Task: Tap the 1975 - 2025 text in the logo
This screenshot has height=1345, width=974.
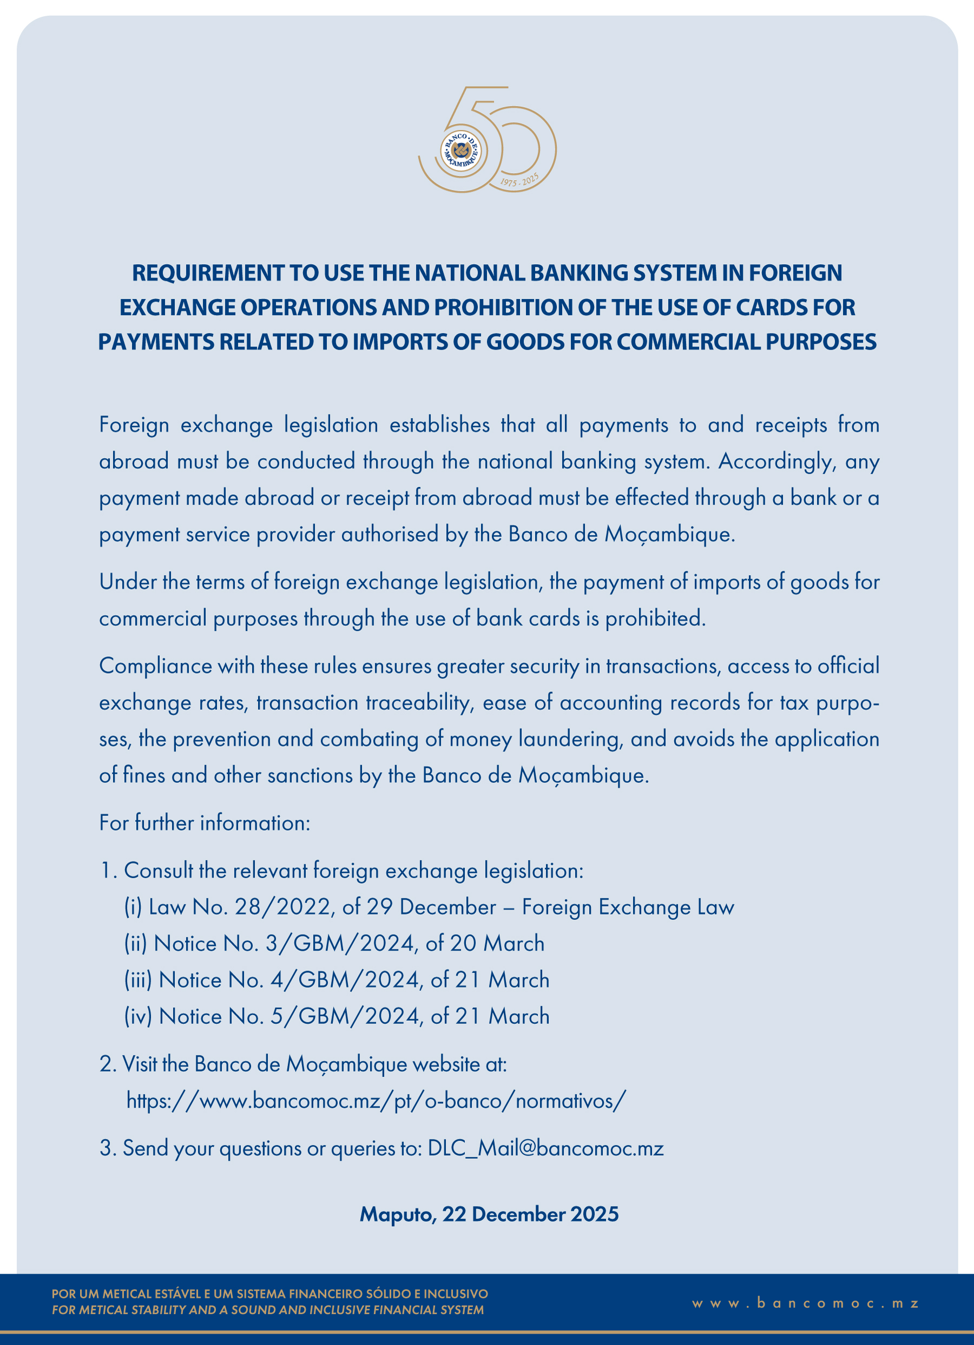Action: tap(519, 180)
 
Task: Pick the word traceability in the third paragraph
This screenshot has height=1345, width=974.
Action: tap(419, 703)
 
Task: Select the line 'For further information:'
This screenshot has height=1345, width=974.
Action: tap(205, 822)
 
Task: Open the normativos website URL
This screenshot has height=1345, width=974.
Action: tap(377, 1101)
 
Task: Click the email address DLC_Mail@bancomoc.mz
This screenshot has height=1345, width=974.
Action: tap(545, 1148)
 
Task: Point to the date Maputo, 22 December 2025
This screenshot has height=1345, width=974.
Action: tap(489, 1214)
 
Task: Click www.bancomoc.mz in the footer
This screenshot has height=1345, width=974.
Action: tap(805, 1303)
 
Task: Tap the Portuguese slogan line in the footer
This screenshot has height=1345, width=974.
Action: tap(269, 1294)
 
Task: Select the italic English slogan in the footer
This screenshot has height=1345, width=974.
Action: tap(267, 1310)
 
